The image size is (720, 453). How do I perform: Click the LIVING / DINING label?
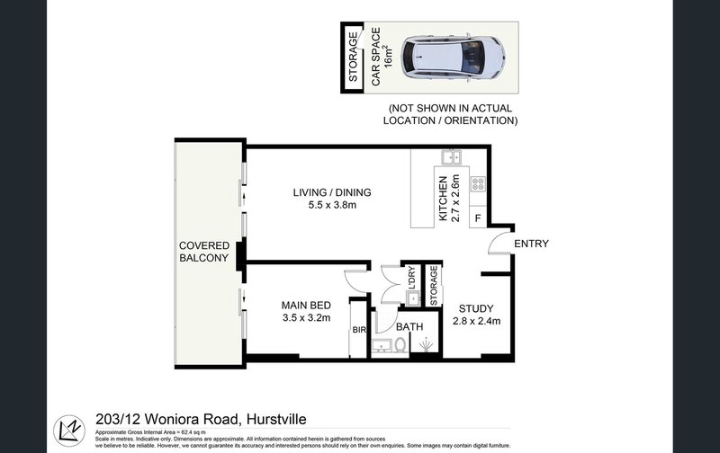pyautogui.click(x=331, y=192)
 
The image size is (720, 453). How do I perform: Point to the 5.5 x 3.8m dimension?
pyautogui.click(x=331, y=206)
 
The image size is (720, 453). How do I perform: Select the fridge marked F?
pyautogui.click(x=477, y=218)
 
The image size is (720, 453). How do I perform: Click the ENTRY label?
pyautogui.click(x=531, y=244)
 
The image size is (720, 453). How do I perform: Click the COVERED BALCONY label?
pyautogui.click(x=204, y=252)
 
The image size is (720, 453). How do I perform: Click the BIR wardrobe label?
pyautogui.click(x=358, y=330)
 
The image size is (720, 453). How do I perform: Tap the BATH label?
pyautogui.click(x=410, y=327)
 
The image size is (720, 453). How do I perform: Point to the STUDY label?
pyautogui.click(x=475, y=305)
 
